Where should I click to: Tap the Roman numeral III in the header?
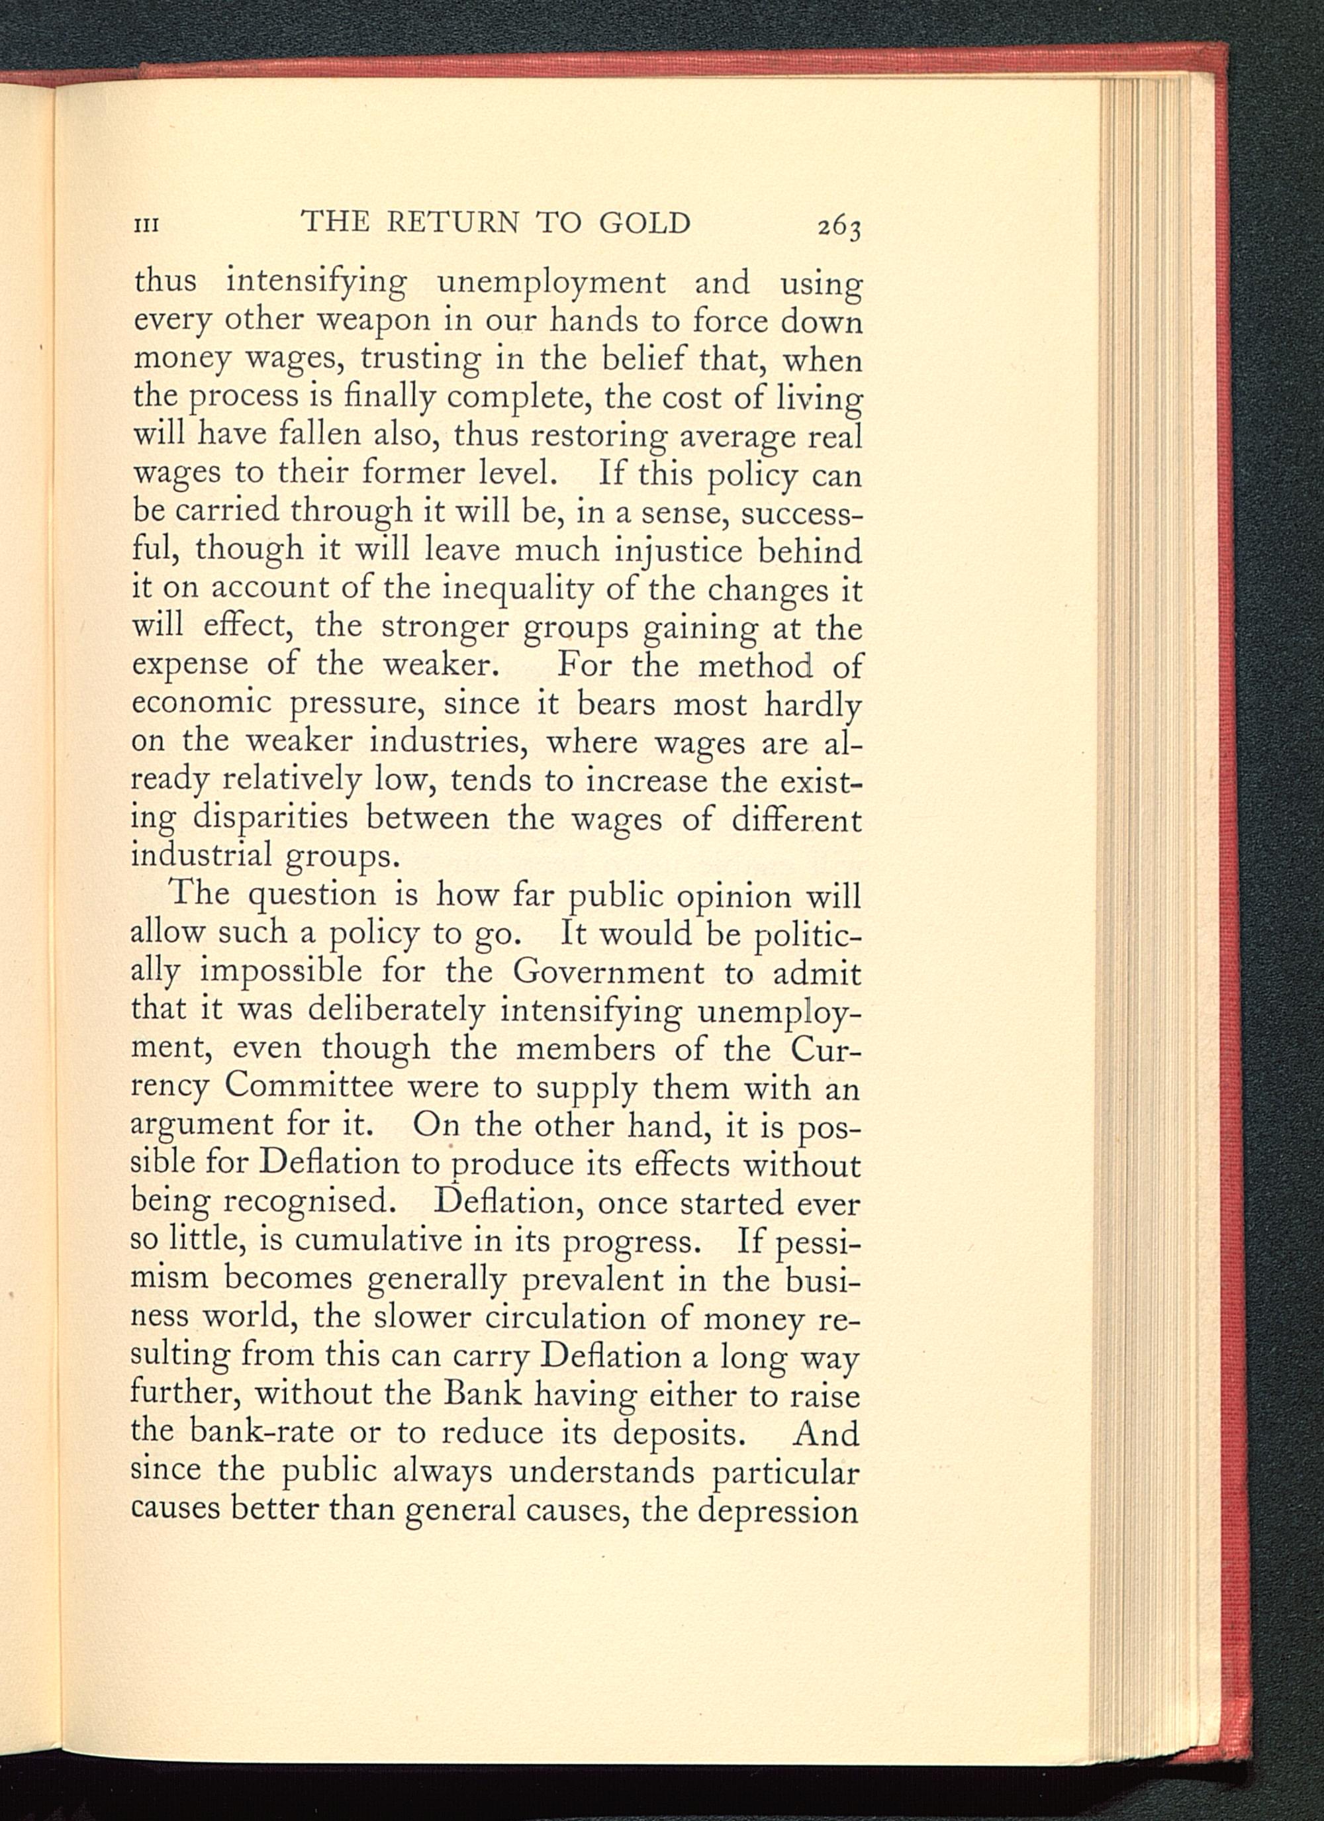(x=146, y=225)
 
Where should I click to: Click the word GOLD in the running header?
(x=644, y=222)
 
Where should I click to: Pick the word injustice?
(x=679, y=552)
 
